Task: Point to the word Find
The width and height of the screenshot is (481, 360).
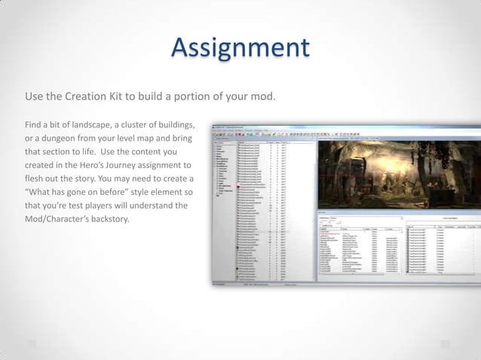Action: [34, 124]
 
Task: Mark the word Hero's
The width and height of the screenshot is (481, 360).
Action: [109, 164]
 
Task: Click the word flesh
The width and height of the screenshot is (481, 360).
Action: [35, 179]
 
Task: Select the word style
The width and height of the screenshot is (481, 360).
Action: [139, 192]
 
